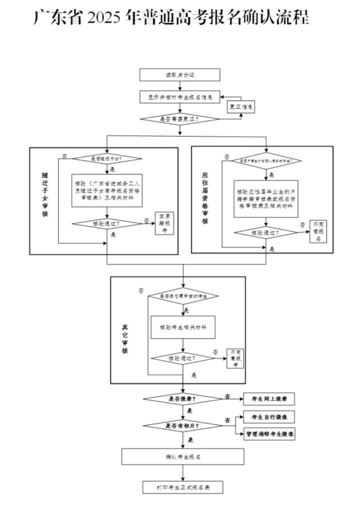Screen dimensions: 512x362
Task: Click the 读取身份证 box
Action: [x=180, y=75]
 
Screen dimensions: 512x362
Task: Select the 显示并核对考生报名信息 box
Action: [x=180, y=97]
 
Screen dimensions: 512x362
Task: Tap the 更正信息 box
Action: [x=241, y=107]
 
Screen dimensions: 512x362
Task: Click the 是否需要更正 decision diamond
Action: [x=180, y=119]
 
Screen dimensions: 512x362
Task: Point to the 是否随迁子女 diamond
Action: [x=108, y=159]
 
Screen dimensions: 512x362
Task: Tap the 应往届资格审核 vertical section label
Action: [x=204, y=197]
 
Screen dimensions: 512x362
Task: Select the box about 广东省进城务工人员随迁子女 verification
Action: [x=107, y=190]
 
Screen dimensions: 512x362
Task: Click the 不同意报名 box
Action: [x=317, y=231]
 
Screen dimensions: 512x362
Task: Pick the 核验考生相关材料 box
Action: [x=183, y=327]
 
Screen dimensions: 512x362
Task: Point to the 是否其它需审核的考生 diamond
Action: [x=183, y=296]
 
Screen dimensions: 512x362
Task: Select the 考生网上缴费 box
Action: [x=269, y=399]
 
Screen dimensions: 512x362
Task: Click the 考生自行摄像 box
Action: [x=269, y=417]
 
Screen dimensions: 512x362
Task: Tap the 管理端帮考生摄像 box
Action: [x=269, y=434]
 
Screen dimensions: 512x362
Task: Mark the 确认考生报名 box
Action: [x=183, y=457]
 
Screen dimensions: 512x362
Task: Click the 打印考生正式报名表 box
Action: [x=183, y=488]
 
